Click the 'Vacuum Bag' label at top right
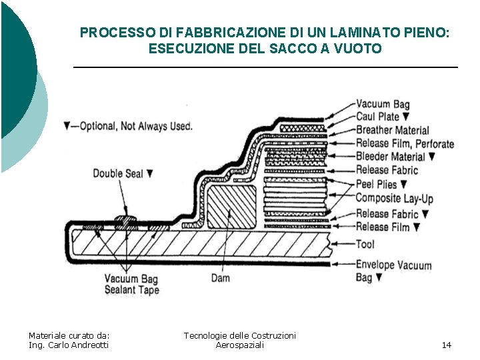click(382, 104)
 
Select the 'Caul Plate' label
click(378, 117)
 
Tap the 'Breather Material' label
click(392, 130)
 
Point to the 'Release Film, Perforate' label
click(404, 143)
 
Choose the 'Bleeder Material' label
click(390, 157)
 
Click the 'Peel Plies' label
click(376, 184)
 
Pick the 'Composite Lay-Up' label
click(394, 198)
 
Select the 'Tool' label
click(365, 244)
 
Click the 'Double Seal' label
click(118, 173)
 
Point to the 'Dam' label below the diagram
click(221, 277)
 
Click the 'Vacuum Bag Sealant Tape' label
click(131, 285)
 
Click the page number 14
click(446, 345)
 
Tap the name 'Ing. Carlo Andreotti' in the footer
click(69, 345)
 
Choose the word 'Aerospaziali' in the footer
click(239, 345)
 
